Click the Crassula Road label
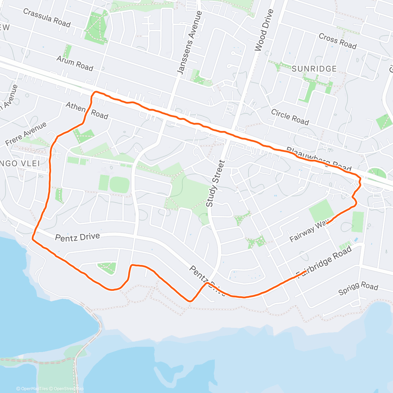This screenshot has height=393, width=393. pos(47,18)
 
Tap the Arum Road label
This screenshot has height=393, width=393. pos(75,63)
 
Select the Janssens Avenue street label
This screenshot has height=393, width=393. pos(190,43)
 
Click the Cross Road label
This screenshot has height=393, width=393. pos(337,41)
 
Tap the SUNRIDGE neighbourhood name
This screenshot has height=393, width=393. pos(314,69)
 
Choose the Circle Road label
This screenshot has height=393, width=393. pos(290,117)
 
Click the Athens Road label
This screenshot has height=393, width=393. pos(87,110)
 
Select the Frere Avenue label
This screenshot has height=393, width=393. pos(26,134)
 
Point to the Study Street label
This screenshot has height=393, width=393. pos(215,183)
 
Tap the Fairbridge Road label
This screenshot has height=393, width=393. pos(324,260)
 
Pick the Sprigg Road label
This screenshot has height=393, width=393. pos(358,288)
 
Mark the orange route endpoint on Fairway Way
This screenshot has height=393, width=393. pos(327,223)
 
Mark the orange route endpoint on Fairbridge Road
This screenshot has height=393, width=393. pos(306,271)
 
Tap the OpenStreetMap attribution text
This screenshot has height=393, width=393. pos(68,389)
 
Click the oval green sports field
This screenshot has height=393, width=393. pos(119,185)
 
